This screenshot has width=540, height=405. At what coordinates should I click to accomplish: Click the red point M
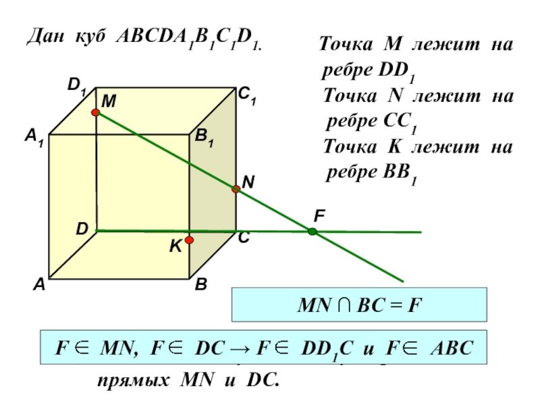pos(96,113)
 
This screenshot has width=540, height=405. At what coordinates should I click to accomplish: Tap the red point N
pos(236,190)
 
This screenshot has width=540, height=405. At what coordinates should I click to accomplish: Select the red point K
pos(190,240)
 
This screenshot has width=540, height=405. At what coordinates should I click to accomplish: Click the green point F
pos(313,232)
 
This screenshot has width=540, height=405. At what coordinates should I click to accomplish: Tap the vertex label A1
pos(34,138)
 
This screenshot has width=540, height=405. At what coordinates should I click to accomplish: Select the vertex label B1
pos(205,138)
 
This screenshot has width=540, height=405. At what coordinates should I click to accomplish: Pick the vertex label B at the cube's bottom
pos(201,286)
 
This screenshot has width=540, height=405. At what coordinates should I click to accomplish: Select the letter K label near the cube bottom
pos(175,248)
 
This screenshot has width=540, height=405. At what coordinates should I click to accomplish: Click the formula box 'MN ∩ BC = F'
pos(358,304)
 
